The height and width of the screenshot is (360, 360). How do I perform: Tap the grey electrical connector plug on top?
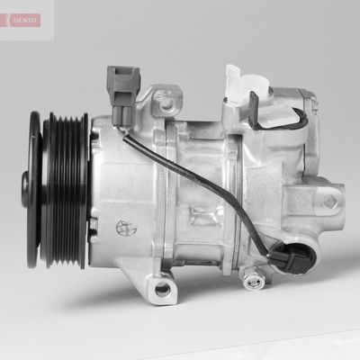click(125, 87)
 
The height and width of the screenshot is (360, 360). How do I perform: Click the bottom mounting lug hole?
click(162, 289)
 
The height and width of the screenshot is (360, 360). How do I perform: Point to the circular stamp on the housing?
click(121, 228)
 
